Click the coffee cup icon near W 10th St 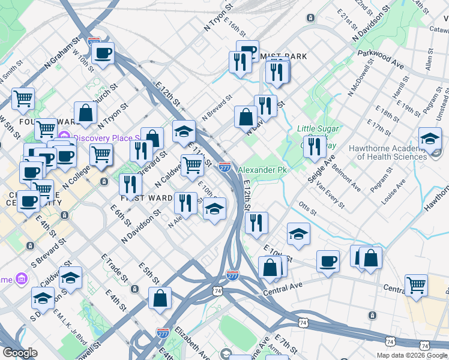coord(103,53)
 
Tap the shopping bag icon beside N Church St coord(86,113)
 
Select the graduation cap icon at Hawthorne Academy coord(430,139)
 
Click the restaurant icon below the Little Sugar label coord(315,146)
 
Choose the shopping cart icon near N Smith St coord(23,98)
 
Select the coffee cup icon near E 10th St coord(328,261)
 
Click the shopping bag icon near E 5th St coord(160,298)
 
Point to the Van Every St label coord(331,196)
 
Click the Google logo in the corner coord(20,353)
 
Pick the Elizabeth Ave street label coord(192,341)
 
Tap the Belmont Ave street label coord(346,174)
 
